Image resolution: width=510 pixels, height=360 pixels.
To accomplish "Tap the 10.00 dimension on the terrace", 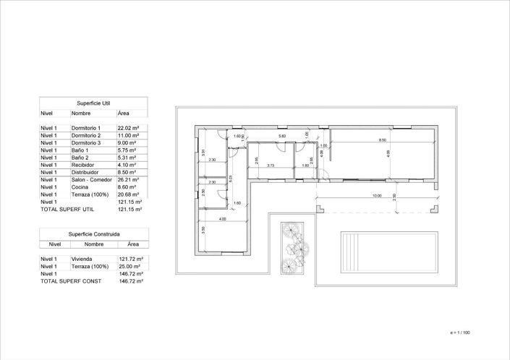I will tap(377, 195).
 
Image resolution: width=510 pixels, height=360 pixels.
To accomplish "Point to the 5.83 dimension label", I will tap(282, 135).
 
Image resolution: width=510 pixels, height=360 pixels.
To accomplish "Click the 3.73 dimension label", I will tap(270, 166).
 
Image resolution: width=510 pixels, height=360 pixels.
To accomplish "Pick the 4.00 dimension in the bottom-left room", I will tap(222, 218).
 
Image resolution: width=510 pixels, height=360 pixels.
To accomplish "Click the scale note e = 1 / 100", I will tap(459, 333).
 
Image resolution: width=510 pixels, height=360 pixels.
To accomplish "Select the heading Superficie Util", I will tap(93, 103).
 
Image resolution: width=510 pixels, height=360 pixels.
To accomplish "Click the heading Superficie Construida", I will tap(94, 234).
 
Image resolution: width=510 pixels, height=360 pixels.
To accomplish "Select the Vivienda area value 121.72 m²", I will tap(129, 258).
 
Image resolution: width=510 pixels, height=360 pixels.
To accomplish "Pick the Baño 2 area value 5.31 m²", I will tap(127, 158).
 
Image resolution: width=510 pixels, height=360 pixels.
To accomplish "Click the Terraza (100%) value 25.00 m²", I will tap(129, 266).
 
